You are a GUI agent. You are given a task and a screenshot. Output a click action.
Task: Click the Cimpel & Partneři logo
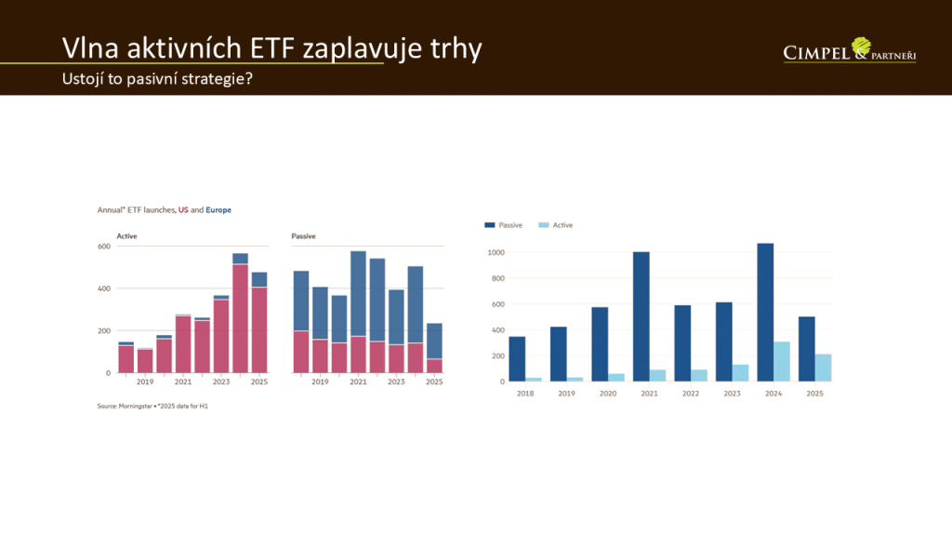coord(850,51)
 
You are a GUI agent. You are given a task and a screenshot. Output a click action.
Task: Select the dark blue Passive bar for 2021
coord(641,316)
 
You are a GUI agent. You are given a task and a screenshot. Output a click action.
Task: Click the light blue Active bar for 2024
coord(782,361)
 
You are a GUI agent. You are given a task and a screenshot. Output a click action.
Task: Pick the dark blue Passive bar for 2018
coord(517,358)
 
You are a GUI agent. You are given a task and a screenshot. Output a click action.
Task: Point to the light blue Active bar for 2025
coord(823,367)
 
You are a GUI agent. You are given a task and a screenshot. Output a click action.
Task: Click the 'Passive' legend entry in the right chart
coord(504,225)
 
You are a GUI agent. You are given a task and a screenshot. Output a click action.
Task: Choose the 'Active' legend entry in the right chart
coord(556,225)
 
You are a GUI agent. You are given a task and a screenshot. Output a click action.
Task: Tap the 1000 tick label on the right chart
coord(495,252)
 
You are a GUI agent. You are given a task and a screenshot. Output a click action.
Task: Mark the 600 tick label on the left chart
coord(104,247)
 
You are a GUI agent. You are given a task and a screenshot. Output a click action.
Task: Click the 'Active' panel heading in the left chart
coord(126,236)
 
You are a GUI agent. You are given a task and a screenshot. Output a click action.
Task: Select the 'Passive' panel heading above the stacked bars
coord(303,236)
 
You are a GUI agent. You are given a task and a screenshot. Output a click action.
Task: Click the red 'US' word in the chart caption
coord(184,210)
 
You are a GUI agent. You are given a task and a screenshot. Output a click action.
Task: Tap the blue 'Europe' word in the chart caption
coord(218,210)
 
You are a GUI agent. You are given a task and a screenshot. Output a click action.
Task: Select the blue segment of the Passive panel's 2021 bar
coord(358,293)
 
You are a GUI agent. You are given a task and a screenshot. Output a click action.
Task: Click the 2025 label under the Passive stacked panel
coord(434,382)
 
